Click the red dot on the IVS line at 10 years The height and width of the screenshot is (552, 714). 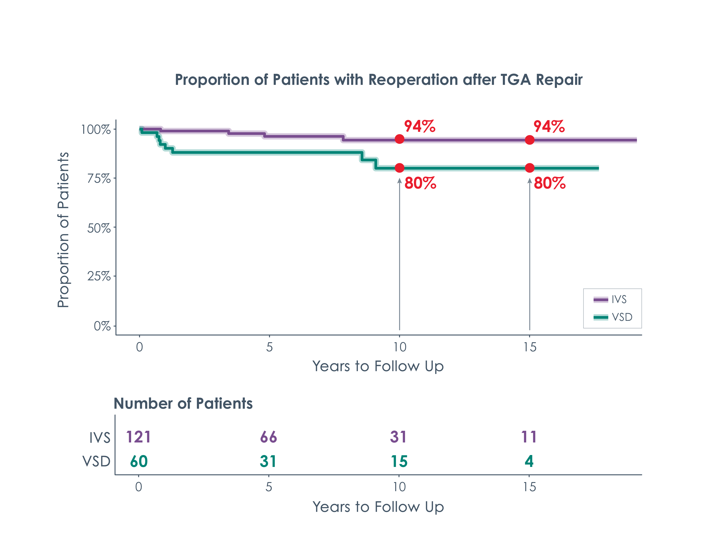399,139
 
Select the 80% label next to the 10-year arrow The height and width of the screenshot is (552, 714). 420,183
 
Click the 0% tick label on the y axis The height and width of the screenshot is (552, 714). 102,326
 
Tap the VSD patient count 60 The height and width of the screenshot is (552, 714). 139,462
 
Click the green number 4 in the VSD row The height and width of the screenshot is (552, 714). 529,462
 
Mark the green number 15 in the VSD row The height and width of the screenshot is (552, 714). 399,462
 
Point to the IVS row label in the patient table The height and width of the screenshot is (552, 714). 100,437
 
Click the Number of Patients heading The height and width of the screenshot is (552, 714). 183,403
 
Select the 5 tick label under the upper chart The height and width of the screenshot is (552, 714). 269,347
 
